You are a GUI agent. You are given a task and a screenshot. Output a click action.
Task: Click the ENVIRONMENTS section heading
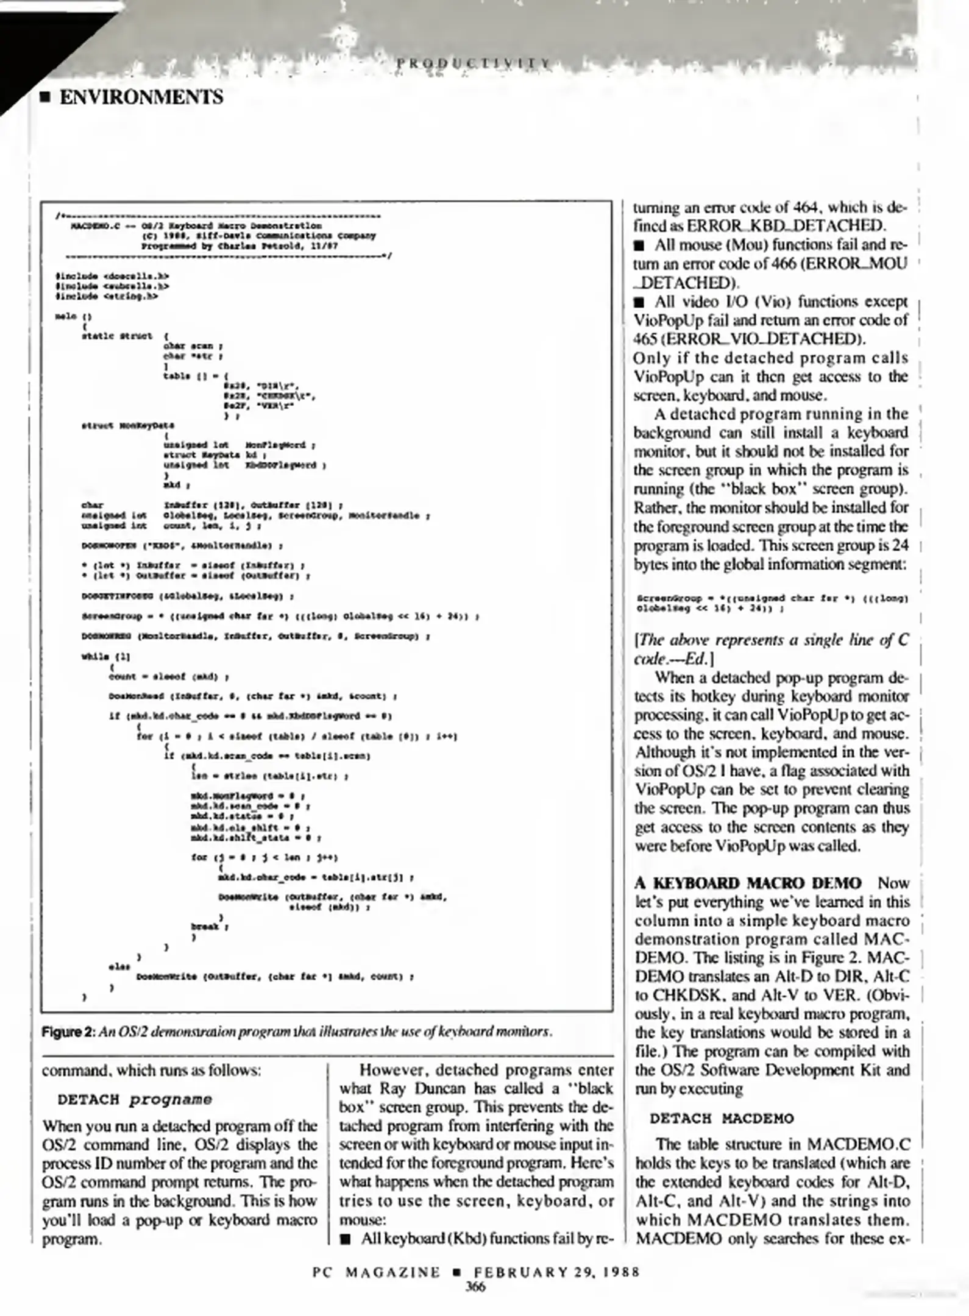tap(141, 97)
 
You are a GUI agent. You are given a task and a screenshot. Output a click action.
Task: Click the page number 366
tap(475, 1287)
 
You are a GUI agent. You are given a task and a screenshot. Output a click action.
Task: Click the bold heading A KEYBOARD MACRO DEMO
tap(748, 883)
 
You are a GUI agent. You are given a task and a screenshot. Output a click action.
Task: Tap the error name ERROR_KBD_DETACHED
tap(786, 225)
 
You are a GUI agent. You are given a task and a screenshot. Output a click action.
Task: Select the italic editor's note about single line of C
tap(771, 649)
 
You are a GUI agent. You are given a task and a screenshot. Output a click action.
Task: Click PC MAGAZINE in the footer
tap(376, 1272)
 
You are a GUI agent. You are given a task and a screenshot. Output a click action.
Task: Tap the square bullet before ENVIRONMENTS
tap(44, 97)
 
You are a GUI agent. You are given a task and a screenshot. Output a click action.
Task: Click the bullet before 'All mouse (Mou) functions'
tap(639, 246)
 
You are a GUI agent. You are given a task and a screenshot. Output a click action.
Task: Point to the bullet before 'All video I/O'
tap(639, 302)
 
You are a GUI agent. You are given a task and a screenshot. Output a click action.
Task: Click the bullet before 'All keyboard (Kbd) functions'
tap(346, 1239)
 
